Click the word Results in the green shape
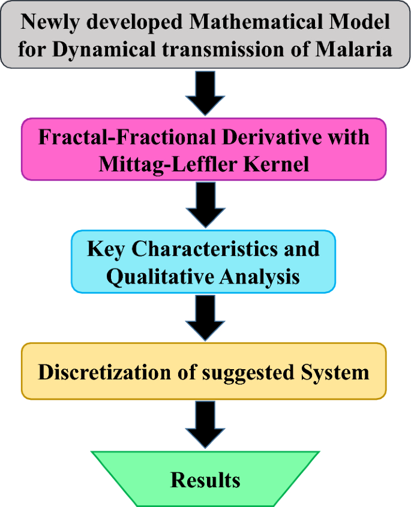pyautogui.click(x=205, y=479)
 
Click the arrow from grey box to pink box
pyautogui.click(x=205, y=93)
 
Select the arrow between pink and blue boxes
pyautogui.click(x=205, y=205)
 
